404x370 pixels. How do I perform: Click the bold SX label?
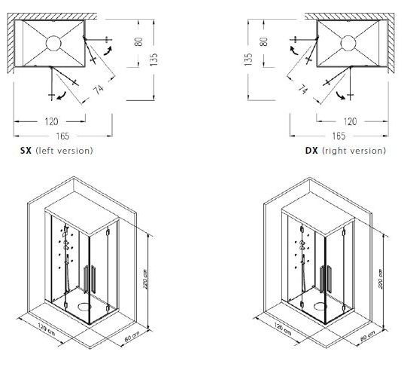point(26,151)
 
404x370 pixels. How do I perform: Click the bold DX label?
point(311,151)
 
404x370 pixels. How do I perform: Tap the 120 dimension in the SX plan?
point(51,121)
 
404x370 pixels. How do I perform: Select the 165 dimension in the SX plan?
point(62,136)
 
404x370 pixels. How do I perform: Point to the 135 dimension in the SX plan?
point(153,60)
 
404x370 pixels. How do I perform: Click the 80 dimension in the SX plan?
point(138,41)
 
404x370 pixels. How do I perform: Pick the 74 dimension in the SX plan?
point(98,89)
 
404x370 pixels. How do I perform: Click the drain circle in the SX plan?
point(53,43)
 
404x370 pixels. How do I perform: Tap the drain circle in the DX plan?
point(348,44)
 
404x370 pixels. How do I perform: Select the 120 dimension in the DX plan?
point(350,121)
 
